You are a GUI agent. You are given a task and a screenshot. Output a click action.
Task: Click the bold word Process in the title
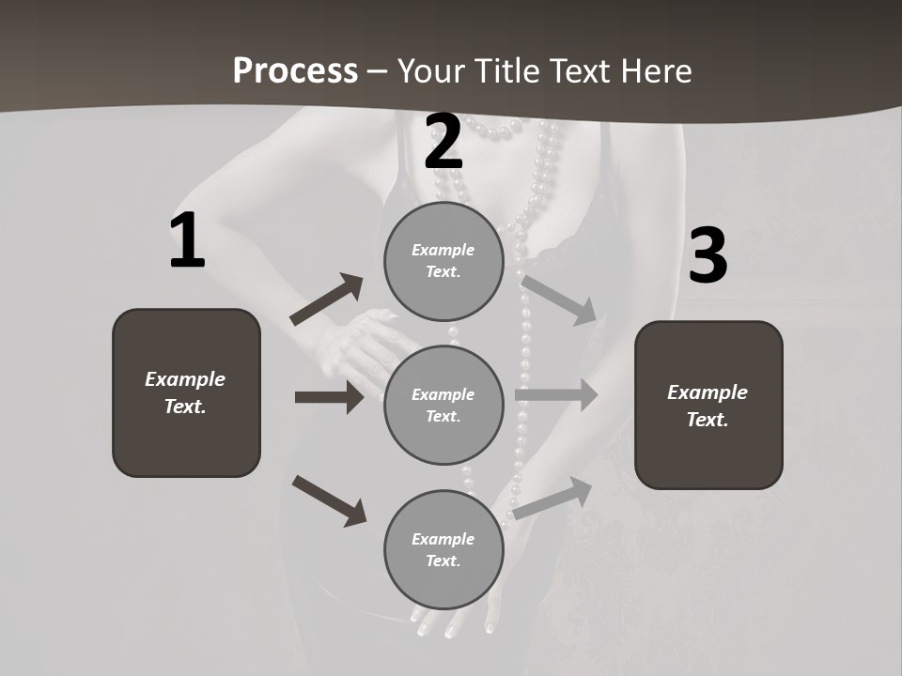coord(295,70)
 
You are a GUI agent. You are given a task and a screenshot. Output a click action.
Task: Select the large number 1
coord(187,241)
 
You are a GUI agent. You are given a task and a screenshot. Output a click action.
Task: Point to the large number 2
coord(443,142)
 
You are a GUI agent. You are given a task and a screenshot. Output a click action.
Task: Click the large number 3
coord(708,255)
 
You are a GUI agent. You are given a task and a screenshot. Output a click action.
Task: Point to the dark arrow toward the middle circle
coord(329,397)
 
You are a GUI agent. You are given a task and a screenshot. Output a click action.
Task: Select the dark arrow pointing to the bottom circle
coord(329,500)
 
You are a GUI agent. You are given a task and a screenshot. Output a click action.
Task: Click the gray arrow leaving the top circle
coord(559,299)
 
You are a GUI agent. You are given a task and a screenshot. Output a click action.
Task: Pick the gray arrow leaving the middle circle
coord(556,394)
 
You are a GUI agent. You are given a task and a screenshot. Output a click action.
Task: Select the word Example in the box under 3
coord(708,392)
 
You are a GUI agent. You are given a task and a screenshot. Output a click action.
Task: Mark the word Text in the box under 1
coord(183,407)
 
